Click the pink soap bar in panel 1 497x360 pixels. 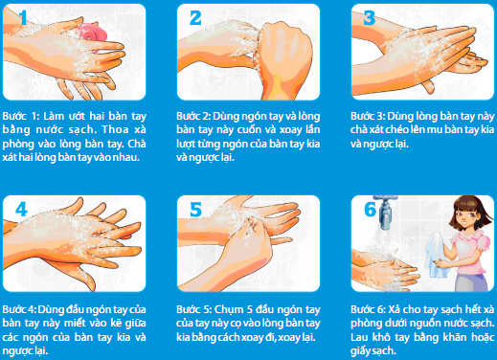(x=93, y=34)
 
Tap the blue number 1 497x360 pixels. (x=23, y=17)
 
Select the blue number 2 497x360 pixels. (x=195, y=17)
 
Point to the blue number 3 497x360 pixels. (x=370, y=17)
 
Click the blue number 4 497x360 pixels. (x=21, y=210)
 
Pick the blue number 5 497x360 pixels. (x=195, y=210)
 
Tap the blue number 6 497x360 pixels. (x=371, y=210)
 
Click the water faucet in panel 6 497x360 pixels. (x=387, y=212)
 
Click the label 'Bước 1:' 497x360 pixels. (x=21, y=116)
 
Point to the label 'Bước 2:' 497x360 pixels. (x=193, y=116)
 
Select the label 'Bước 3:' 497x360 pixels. (x=368, y=116)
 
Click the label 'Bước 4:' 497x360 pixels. (x=19, y=309)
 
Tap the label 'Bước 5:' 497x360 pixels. (x=193, y=309)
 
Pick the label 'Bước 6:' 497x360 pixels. (x=368, y=309)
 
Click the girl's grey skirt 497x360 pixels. (x=472, y=282)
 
